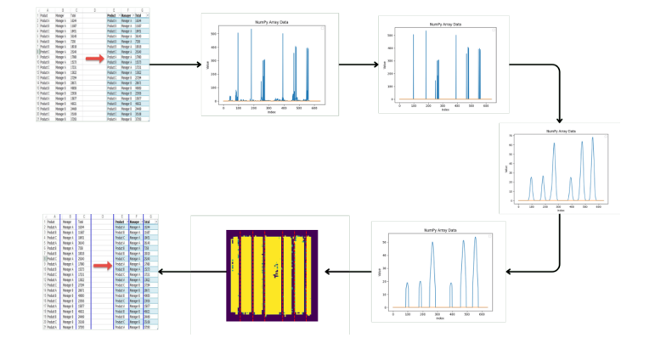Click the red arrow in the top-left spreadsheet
94,59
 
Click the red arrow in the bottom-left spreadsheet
102,267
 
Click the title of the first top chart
269,22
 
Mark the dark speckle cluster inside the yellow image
275,273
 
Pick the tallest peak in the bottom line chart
475,238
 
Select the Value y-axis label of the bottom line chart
380,273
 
